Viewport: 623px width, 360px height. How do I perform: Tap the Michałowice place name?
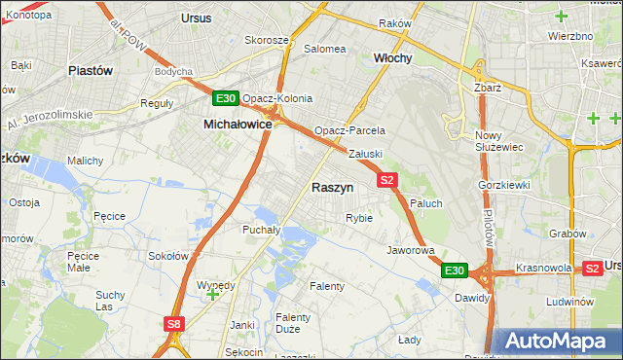click(237, 125)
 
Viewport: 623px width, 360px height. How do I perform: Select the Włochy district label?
click(393, 57)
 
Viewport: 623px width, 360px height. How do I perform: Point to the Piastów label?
click(91, 70)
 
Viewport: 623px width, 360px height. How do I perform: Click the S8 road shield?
click(173, 324)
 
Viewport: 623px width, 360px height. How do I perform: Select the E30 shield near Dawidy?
click(454, 270)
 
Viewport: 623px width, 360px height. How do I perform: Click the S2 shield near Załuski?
click(387, 180)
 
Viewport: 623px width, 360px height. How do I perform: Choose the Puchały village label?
click(261, 230)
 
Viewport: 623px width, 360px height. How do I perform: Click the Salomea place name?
click(325, 49)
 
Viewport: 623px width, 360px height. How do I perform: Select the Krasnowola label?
click(543, 267)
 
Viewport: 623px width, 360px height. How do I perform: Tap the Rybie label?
click(358, 218)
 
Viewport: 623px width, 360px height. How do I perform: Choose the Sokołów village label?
click(166, 256)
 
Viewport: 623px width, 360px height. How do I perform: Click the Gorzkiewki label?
click(503, 184)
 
